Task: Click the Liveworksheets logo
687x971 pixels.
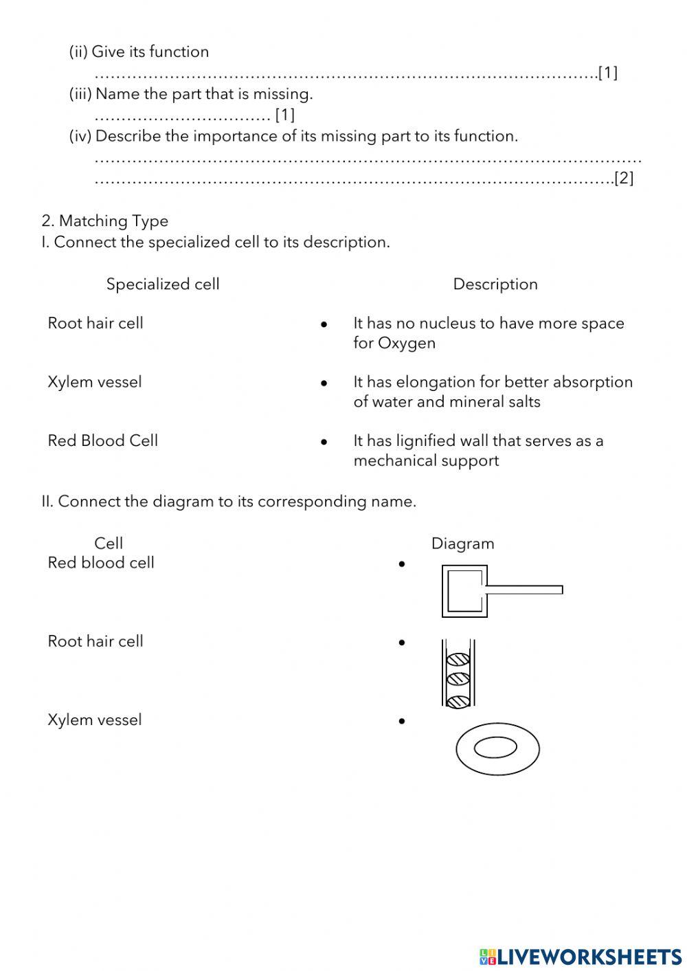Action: coord(580,956)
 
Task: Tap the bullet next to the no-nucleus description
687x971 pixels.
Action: coord(324,324)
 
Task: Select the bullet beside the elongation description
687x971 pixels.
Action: coord(324,383)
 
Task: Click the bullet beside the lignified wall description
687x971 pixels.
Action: coord(324,442)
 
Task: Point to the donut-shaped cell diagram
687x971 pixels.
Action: coord(497,748)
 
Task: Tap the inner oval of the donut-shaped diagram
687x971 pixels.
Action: coord(495,747)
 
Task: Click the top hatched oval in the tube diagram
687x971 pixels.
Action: coord(458,660)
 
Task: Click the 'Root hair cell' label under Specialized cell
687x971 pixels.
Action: coord(95,323)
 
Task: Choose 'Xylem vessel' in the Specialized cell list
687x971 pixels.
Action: coord(95,382)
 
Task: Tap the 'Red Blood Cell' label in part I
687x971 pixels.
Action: coord(102,440)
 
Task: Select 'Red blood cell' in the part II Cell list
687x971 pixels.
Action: coord(101,563)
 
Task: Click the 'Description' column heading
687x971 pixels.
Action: coord(495,284)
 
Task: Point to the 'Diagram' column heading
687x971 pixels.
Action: coord(462,544)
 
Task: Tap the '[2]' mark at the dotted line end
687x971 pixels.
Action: coord(624,178)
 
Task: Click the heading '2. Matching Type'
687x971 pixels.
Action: coord(104,221)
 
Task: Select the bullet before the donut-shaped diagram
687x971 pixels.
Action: coord(402,721)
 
